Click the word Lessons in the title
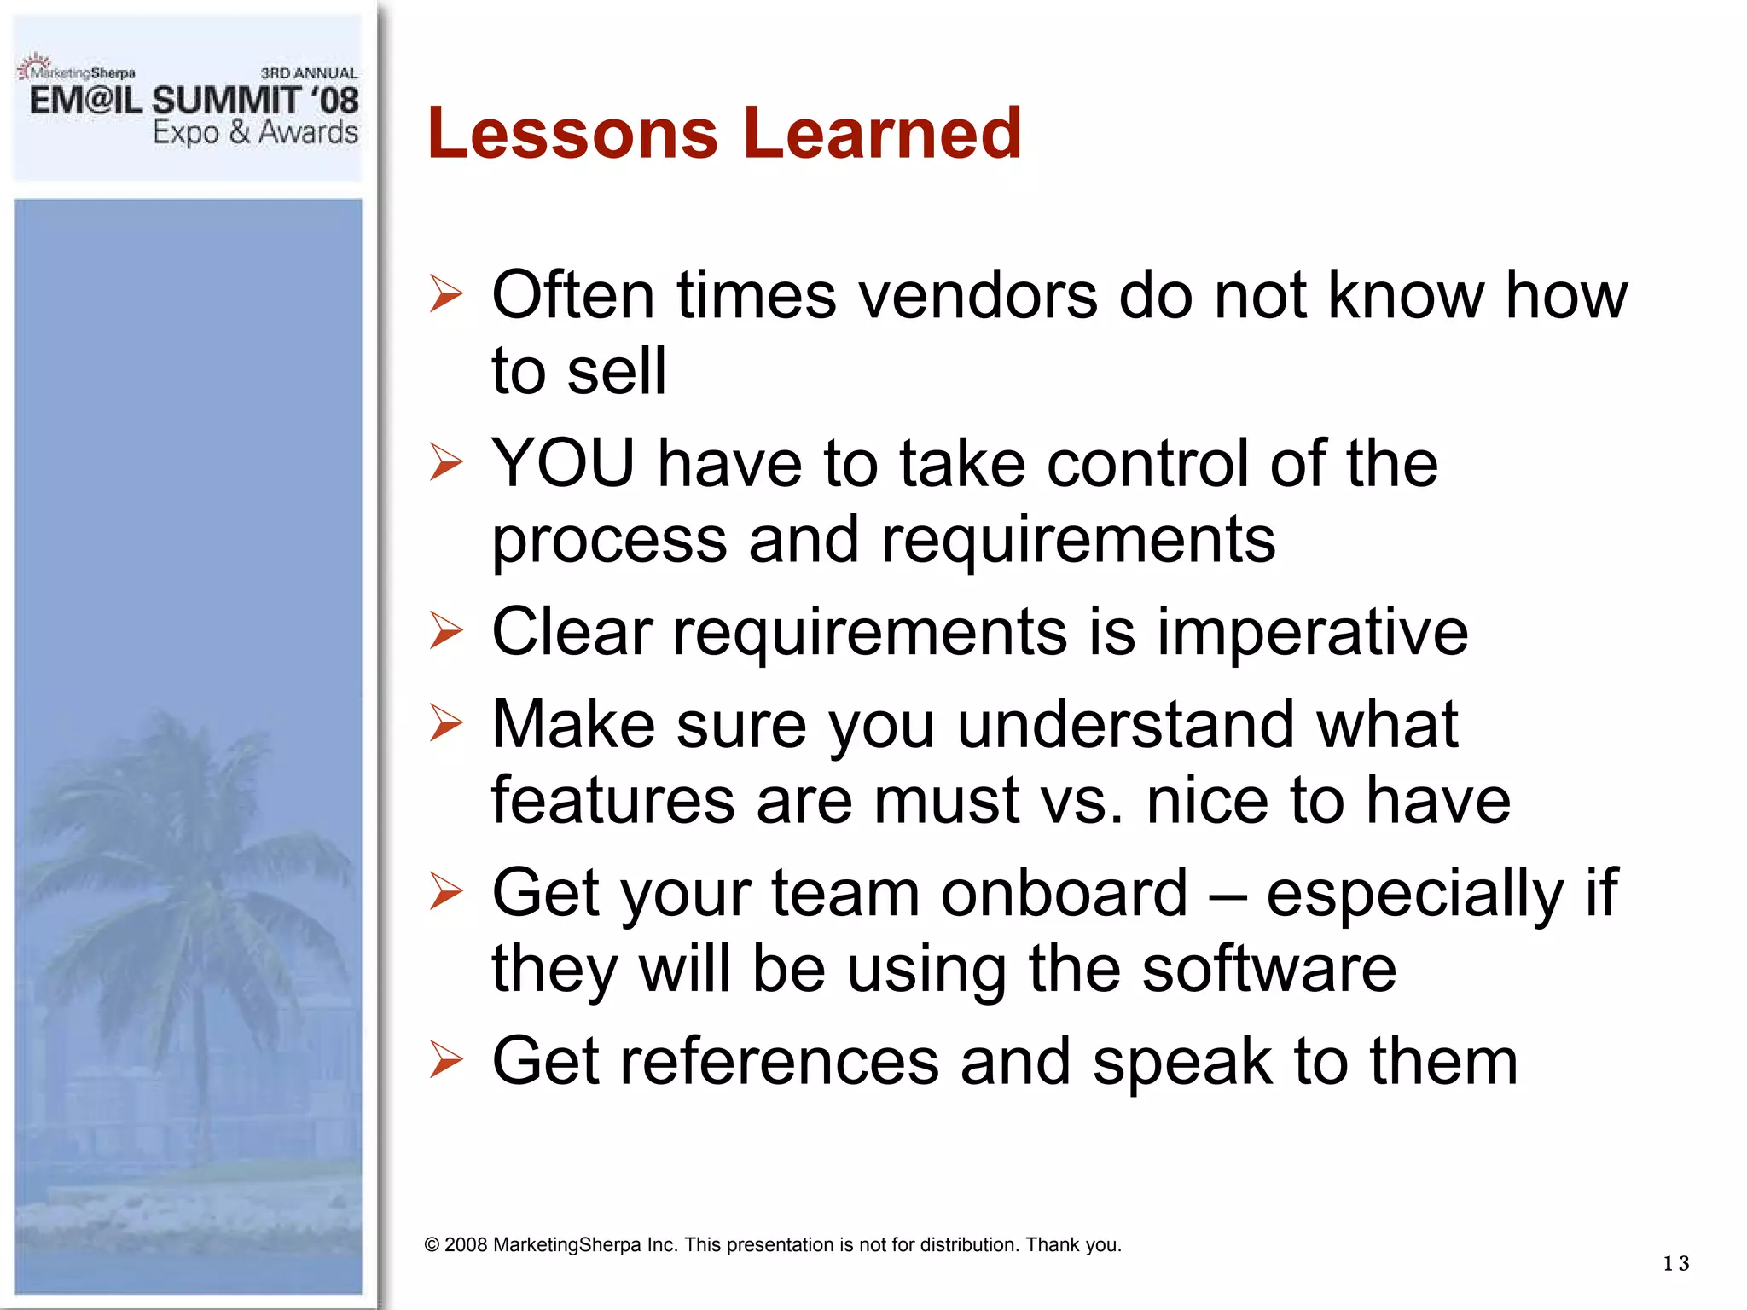pyautogui.click(x=572, y=134)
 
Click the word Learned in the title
pyautogui.click(x=882, y=134)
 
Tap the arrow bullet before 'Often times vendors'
pyautogui.click(x=446, y=294)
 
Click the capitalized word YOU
pyautogui.click(x=563, y=464)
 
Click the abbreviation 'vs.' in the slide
pyautogui.click(x=1082, y=802)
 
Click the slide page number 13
pyautogui.click(x=1675, y=1263)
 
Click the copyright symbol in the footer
pyautogui.click(x=432, y=1245)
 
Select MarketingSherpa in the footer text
pyautogui.click(x=566, y=1245)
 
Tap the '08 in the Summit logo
pyautogui.click(x=335, y=101)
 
